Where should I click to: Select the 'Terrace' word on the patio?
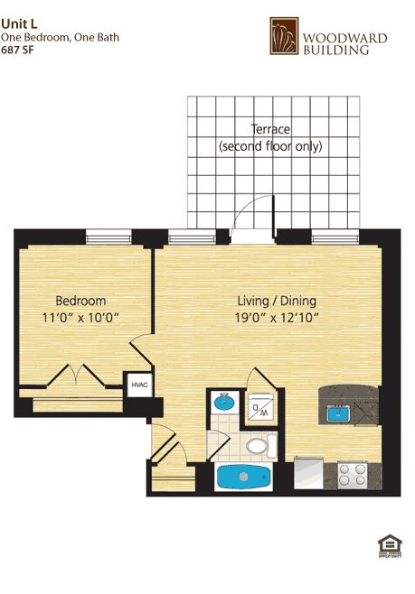tap(269, 129)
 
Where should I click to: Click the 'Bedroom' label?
tap(80, 301)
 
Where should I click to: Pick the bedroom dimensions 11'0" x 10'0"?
tap(80, 317)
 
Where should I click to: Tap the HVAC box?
tap(139, 385)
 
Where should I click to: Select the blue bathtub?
tap(243, 478)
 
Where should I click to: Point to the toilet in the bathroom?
tap(259, 445)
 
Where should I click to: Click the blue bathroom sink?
tap(222, 404)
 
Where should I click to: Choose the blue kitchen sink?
tap(339, 413)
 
